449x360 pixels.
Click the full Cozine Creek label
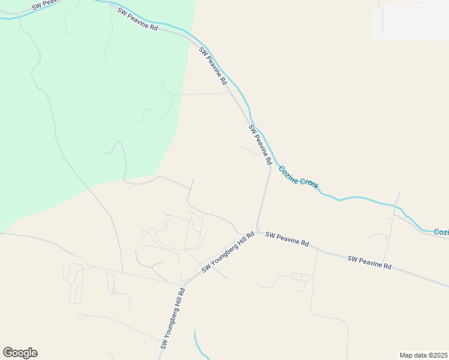click(299, 178)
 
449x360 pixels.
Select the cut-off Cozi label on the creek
click(441, 232)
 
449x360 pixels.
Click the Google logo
click(20, 352)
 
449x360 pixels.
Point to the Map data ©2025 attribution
click(423, 355)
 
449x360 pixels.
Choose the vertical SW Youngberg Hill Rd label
click(173, 318)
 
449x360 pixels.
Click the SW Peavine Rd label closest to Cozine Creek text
click(261, 146)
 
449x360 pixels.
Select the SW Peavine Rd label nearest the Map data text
click(369, 262)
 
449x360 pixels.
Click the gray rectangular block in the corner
click(411, 23)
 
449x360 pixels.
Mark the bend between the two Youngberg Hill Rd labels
click(184, 283)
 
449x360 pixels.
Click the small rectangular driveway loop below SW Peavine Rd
click(302, 277)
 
